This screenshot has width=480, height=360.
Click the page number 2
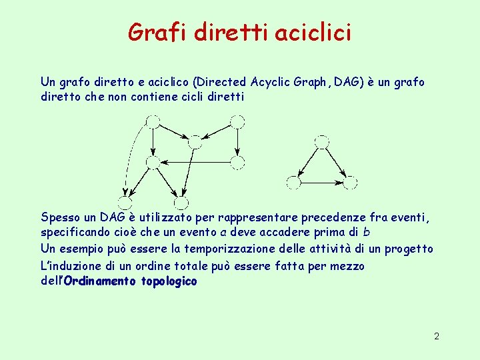[x=437, y=337]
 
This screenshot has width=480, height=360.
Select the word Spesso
[x=59, y=217]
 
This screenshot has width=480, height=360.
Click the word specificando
[x=75, y=233]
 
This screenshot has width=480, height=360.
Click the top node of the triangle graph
[x=322, y=141]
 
